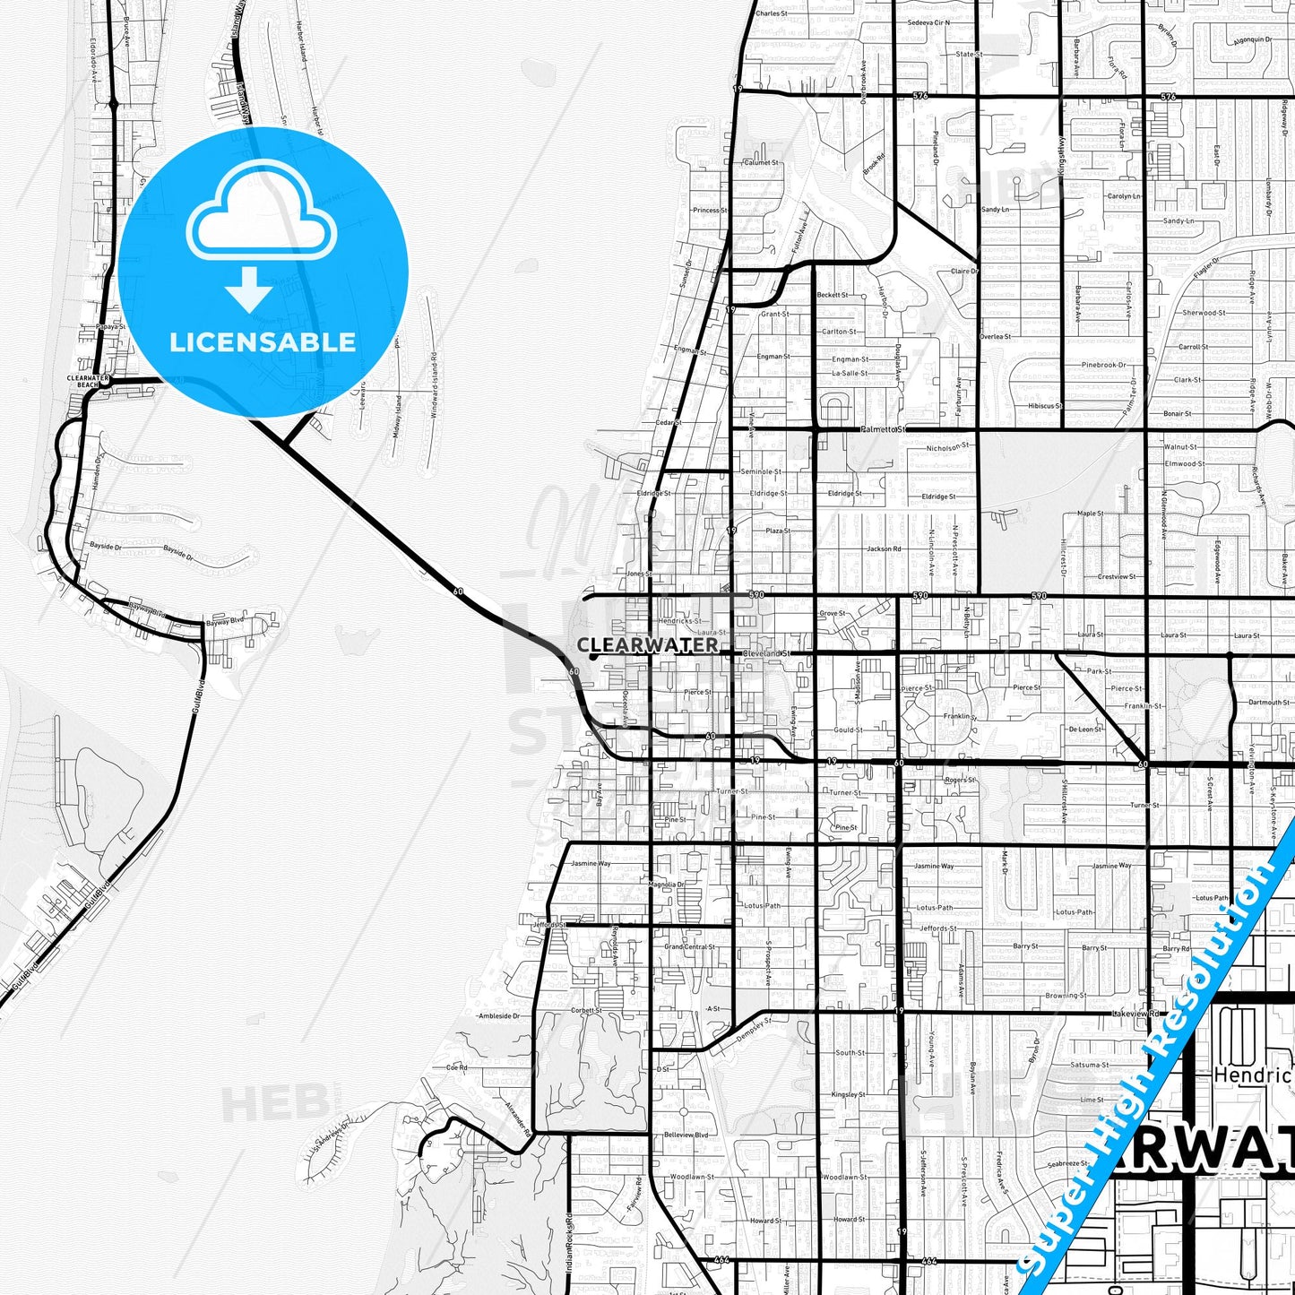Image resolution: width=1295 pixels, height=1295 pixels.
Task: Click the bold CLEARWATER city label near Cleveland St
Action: tap(647, 644)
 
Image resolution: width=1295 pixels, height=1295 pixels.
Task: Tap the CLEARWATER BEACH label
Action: tap(88, 381)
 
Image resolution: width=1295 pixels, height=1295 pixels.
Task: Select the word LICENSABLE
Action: tap(263, 341)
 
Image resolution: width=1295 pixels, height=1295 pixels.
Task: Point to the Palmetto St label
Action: tap(883, 429)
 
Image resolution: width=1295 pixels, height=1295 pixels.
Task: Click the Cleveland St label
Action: tap(767, 653)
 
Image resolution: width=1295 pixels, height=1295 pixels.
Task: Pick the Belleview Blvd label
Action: tap(686, 1135)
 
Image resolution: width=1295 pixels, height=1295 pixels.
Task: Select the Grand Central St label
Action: tap(689, 946)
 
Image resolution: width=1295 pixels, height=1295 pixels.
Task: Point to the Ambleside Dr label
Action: tap(498, 1016)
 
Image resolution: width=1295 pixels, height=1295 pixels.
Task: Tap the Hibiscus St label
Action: tap(1044, 406)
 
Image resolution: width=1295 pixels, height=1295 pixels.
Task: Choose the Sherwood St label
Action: tap(1204, 313)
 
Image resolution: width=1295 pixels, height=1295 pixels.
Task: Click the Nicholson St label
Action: tap(947, 446)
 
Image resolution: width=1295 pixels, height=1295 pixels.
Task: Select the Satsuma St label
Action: tap(1090, 1065)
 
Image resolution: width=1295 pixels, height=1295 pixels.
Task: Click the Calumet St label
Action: tap(761, 162)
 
